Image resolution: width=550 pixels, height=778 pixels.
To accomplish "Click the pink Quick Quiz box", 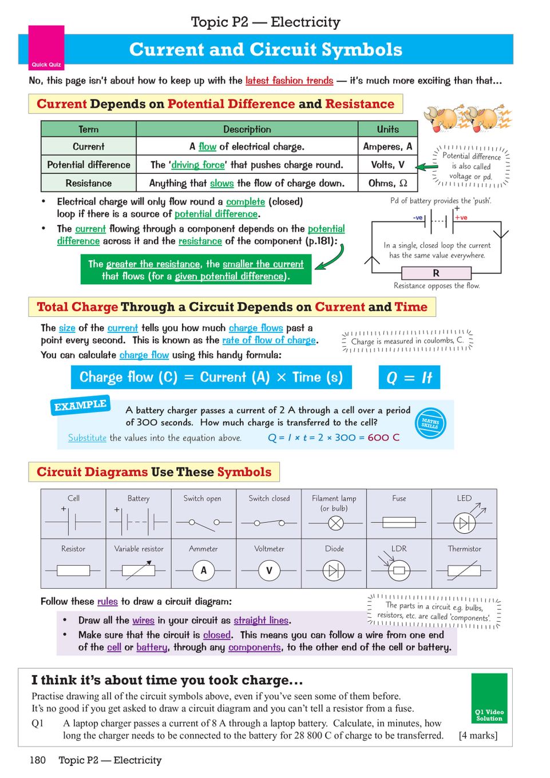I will [x=46, y=47].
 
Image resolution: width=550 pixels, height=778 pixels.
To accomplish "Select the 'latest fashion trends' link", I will [x=289, y=81].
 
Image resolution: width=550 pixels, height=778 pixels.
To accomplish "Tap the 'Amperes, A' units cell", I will [x=387, y=146].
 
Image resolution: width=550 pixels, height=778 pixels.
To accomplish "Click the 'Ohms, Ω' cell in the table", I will [x=387, y=183].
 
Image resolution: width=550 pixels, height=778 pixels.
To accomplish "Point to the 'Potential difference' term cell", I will [x=89, y=165].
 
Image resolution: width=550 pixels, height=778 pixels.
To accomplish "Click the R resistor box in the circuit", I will [x=436, y=273].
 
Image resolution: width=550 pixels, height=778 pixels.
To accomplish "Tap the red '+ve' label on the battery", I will [x=461, y=217].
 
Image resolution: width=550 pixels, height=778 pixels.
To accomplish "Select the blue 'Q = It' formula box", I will [x=409, y=378].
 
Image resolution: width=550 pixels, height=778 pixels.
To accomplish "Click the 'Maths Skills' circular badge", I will [x=430, y=423].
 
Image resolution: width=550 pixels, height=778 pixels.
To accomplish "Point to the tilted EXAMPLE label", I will [x=80, y=405].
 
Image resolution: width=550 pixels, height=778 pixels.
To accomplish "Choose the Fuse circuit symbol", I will [x=399, y=522].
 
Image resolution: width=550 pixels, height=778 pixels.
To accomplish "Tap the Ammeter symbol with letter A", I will [x=203, y=570].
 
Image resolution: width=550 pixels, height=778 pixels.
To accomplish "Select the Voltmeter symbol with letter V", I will [x=269, y=570].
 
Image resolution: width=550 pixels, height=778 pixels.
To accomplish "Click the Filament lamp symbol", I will [x=335, y=522].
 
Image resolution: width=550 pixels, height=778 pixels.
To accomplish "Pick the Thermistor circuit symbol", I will [x=464, y=570].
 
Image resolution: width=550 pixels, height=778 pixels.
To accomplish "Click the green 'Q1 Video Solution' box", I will [x=489, y=698].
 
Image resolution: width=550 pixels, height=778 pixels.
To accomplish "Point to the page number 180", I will [x=38, y=760].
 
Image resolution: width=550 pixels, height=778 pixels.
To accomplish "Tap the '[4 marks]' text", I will [x=478, y=736].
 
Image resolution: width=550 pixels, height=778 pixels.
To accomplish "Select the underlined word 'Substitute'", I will [x=87, y=438].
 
